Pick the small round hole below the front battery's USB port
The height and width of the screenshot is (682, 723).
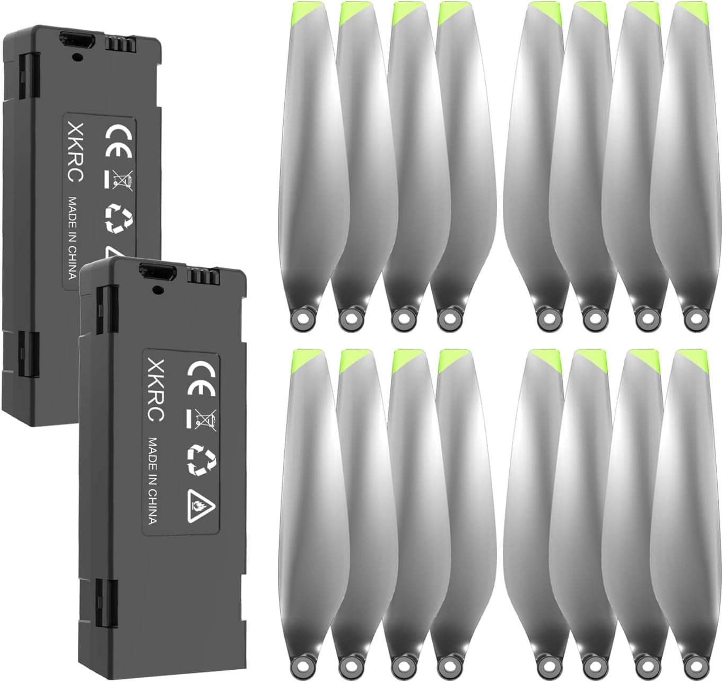point(156,289)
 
